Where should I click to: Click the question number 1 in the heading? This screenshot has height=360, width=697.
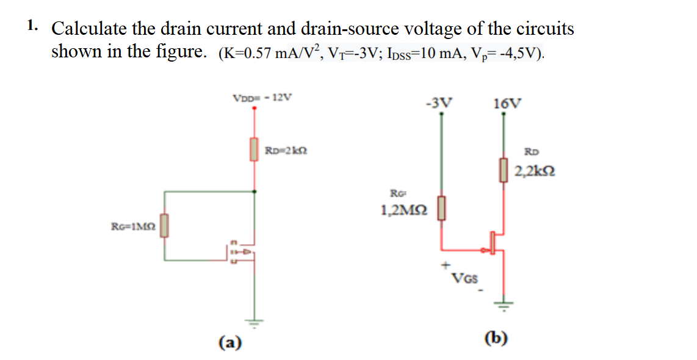click(32, 26)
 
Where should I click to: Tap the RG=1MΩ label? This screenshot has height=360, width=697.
click(133, 226)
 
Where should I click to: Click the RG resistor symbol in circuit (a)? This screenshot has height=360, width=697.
click(164, 226)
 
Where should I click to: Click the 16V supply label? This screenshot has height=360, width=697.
click(507, 102)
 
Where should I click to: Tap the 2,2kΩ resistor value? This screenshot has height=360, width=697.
click(534, 172)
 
